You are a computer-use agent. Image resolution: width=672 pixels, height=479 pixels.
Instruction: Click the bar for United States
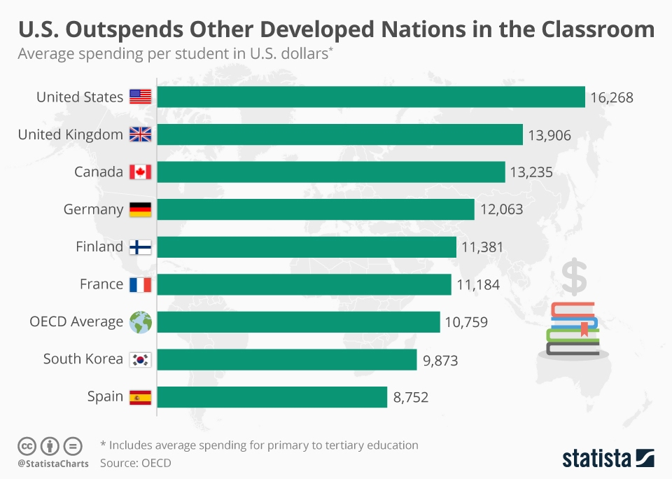click(x=371, y=97)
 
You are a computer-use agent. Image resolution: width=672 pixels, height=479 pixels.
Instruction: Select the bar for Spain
click(x=272, y=396)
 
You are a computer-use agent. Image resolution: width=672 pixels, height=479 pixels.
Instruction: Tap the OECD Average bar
click(x=299, y=322)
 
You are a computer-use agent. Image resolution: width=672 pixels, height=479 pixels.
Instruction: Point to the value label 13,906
click(x=549, y=135)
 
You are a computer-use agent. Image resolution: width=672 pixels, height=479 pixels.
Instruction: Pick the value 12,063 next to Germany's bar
click(x=501, y=209)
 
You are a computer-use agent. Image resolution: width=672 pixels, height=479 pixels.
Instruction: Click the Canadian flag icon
click(x=140, y=172)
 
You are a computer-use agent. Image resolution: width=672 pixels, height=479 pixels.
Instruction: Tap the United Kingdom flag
click(x=140, y=135)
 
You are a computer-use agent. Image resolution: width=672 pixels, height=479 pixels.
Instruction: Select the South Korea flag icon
click(x=140, y=360)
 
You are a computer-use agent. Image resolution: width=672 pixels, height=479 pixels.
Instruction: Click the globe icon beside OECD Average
click(x=140, y=322)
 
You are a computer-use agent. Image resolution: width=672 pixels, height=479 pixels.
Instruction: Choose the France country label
click(x=101, y=284)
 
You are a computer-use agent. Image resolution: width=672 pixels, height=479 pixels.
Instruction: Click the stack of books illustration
click(x=573, y=328)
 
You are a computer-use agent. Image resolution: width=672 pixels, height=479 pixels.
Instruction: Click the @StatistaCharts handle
click(x=53, y=464)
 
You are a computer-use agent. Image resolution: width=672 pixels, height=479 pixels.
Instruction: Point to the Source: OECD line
click(x=136, y=463)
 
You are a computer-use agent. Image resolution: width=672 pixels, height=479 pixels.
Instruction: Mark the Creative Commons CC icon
click(x=27, y=445)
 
